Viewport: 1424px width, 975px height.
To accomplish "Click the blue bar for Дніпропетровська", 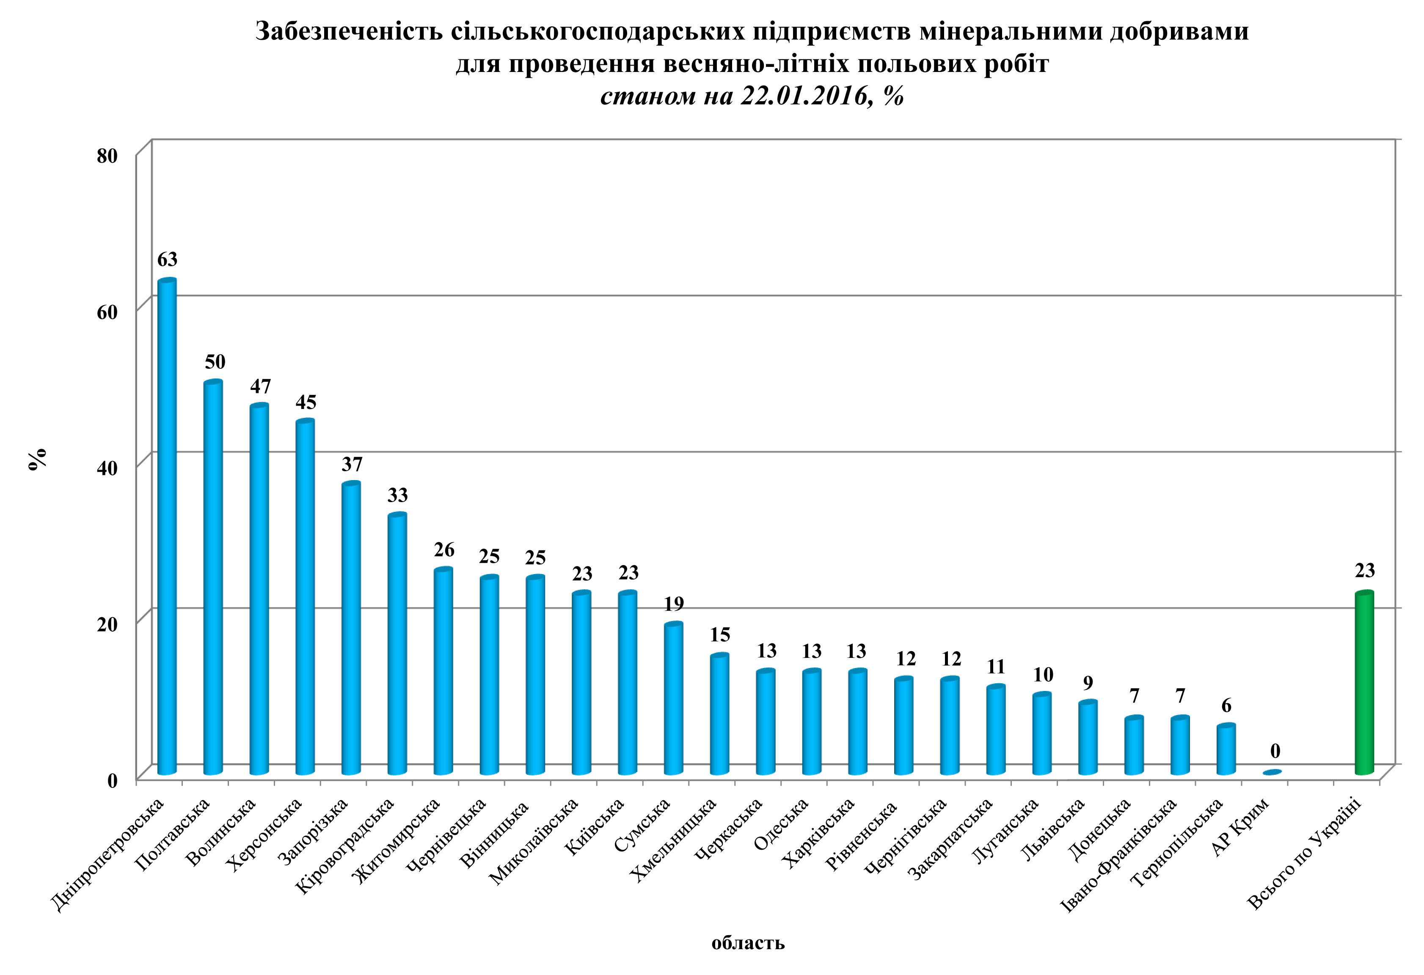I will click(x=167, y=527).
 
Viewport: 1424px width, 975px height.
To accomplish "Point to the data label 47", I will click(x=260, y=387).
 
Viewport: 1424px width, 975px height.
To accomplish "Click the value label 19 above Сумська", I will click(x=673, y=604).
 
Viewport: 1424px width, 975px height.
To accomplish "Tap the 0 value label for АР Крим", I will click(x=1275, y=751).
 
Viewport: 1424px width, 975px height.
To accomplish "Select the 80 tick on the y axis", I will click(x=107, y=156).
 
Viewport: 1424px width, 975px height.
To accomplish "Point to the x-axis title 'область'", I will click(x=747, y=942).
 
